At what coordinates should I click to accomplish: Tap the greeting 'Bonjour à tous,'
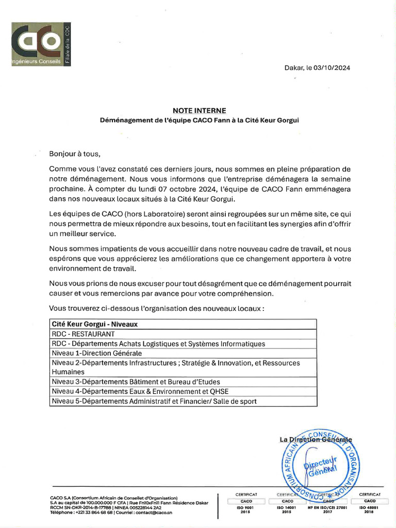(73, 154)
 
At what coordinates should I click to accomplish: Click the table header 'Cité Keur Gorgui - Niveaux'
(94, 325)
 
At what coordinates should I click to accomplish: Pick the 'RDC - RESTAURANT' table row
(83, 334)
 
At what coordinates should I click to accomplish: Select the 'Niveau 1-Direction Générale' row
(97, 353)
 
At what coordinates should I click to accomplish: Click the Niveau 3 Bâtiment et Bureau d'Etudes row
(136, 382)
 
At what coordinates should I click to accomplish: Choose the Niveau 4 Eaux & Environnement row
(140, 391)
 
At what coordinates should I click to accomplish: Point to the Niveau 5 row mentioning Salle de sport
(154, 401)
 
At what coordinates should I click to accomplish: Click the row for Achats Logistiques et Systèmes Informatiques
(159, 344)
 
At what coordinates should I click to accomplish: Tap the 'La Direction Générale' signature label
(316, 440)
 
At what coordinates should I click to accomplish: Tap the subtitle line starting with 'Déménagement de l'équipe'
(199, 120)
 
